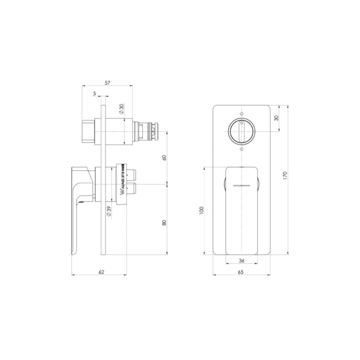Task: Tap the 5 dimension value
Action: click(95, 94)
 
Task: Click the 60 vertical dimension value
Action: click(164, 157)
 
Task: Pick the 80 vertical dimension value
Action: click(164, 223)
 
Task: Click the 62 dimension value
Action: click(101, 272)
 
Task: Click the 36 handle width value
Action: click(242, 261)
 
